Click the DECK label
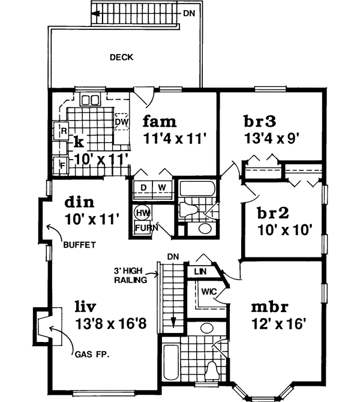pyautogui.click(x=121, y=58)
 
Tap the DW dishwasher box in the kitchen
pyautogui.click(x=121, y=122)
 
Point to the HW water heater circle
pyautogui.click(x=142, y=213)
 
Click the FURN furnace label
pyautogui.click(x=144, y=228)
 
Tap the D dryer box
pyautogui.click(x=143, y=187)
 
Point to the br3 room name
pyautogui.click(x=260, y=121)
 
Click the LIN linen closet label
pyautogui.click(x=200, y=271)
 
